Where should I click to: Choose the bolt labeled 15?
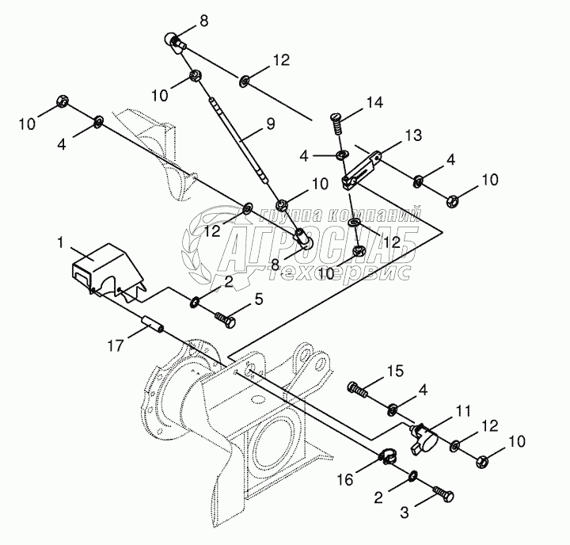click(x=360, y=389)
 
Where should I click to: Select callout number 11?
click(x=463, y=410)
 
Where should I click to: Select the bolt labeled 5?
click(x=226, y=319)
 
